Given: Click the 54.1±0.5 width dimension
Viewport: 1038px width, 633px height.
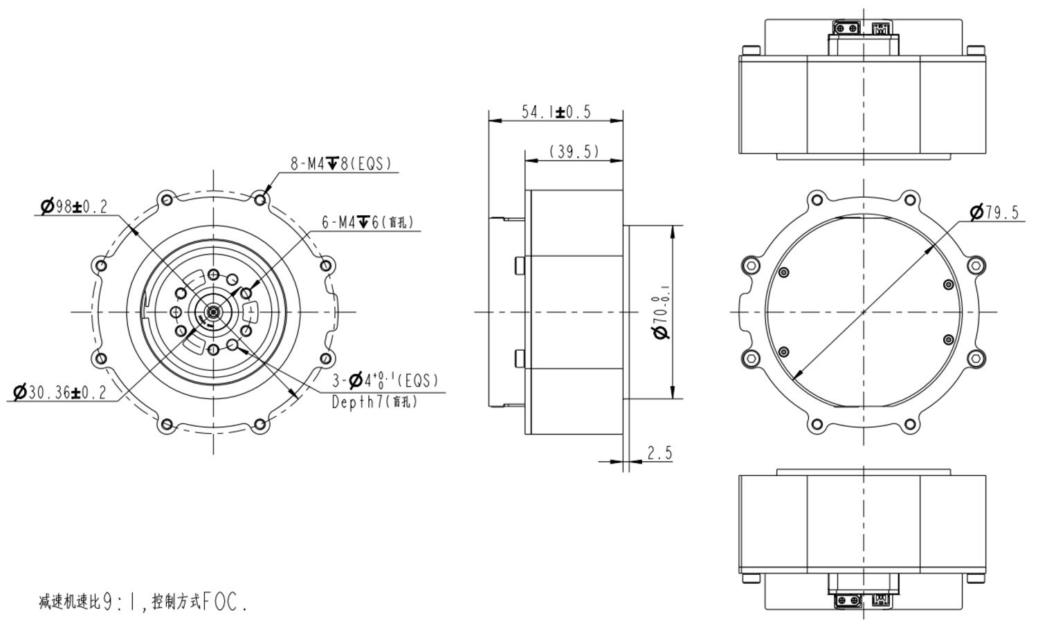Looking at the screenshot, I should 556,112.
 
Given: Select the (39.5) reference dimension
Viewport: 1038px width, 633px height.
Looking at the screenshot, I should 574,152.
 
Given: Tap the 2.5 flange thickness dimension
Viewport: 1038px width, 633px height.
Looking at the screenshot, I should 659,453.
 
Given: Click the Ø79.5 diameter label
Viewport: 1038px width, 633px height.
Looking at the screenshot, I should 995,212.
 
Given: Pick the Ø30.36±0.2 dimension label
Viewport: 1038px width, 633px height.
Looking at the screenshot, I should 60,393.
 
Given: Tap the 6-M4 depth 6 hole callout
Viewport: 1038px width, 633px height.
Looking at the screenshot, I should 367,223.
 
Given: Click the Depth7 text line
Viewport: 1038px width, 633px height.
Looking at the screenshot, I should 374,402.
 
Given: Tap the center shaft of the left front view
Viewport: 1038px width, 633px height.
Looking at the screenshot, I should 213,312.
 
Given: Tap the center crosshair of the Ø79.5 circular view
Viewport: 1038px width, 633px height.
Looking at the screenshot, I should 863,312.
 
